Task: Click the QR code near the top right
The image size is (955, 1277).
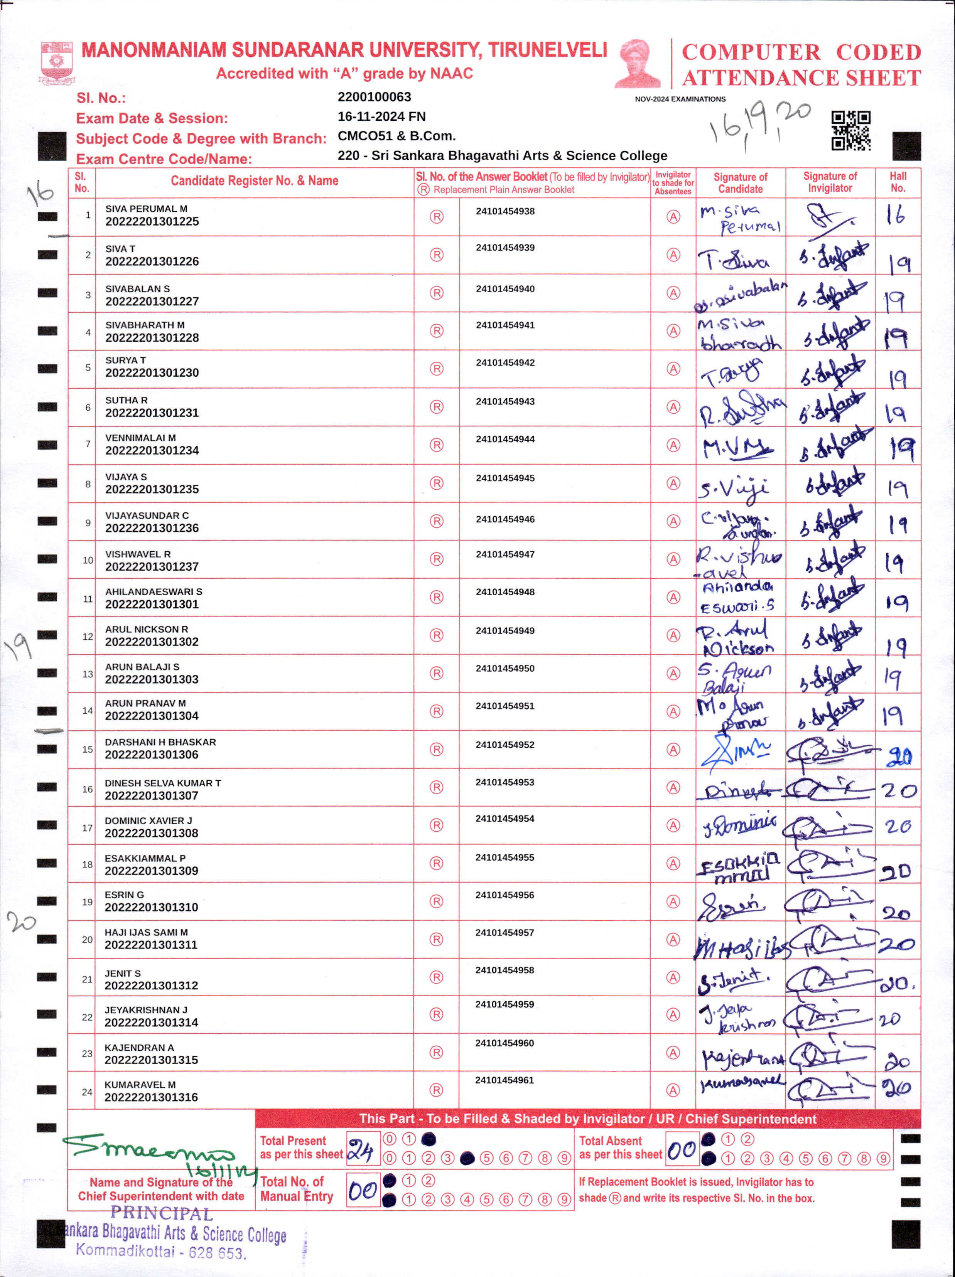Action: (x=850, y=130)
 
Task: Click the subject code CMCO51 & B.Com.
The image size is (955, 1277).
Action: (x=397, y=136)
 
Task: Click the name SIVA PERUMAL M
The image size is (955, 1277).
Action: (x=146, y=209)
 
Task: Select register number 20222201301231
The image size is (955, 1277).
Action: (x=152, y=413)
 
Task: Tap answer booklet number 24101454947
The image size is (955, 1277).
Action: (x=505, y=554)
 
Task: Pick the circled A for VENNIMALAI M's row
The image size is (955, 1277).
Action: (x=673, y=445)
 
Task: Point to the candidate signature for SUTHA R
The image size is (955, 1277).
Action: (x=741, y=409)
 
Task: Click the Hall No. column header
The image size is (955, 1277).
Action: (x=898, y=182)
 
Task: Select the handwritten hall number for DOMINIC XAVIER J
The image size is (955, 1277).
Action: (x=898, y=826)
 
